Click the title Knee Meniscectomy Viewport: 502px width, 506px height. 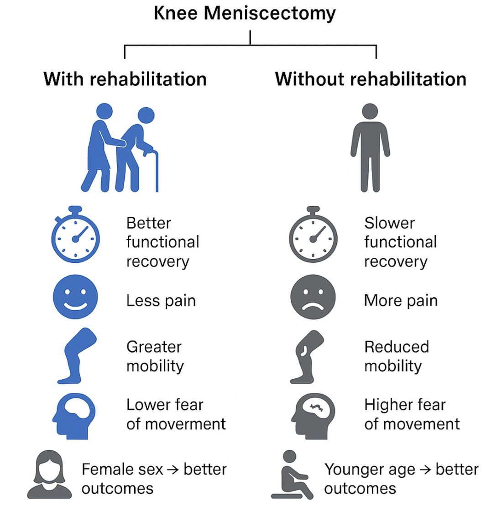tap(245, 13)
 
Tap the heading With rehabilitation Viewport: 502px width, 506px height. tap(125, 79)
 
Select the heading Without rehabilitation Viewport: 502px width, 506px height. tap(371, 79)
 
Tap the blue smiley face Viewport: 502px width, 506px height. tap(75, 297)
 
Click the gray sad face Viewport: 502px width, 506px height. tap(313, 297)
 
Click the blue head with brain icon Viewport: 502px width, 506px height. tap(74, 416)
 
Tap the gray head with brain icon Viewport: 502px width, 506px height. tap(313, 416)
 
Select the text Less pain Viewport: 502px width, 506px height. tap(161, 301)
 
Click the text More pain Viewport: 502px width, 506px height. tap(401, 301)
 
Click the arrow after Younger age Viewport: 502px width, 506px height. tap(425, 469)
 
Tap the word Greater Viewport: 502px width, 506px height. tap(154, 347)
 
